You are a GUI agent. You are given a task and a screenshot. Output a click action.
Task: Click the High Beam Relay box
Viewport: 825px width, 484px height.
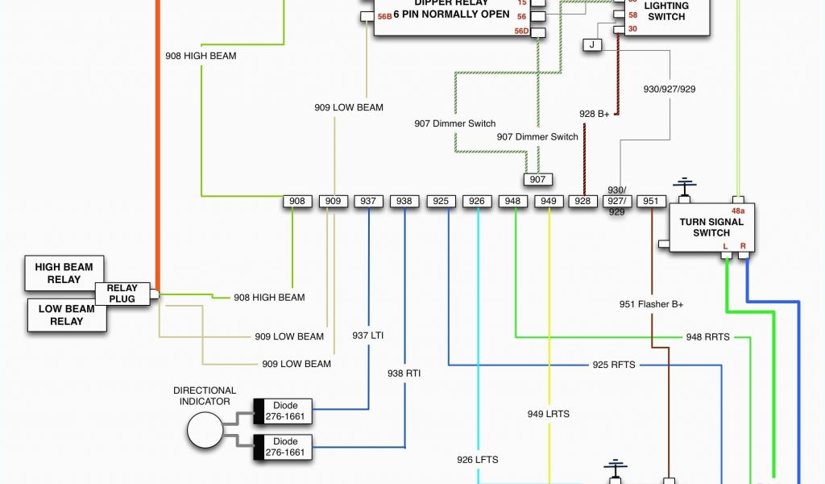coord(64,273)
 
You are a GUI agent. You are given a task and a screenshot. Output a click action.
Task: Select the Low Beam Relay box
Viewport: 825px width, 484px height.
coord(67,315)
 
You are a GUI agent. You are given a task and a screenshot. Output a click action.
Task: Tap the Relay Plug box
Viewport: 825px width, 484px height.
coord(122,294)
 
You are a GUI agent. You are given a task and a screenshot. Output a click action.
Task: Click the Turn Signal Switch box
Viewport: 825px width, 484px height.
coord(711,227)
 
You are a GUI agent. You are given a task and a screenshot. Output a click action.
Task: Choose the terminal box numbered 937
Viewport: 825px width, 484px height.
coord(368,201)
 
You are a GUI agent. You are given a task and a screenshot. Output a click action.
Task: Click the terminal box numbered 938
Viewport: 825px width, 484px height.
coord(404,201)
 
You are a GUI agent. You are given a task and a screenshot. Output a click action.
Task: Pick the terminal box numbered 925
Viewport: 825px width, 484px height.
coord(441,201)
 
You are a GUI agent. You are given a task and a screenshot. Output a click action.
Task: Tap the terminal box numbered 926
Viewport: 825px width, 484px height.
coord(477,201)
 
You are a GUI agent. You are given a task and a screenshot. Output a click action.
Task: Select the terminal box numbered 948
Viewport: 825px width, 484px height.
coord(513,201)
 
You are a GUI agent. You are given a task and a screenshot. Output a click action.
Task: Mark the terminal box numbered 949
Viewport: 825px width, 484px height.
coord(548,201)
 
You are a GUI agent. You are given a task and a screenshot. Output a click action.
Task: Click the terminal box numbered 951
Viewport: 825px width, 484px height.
coord(651,201)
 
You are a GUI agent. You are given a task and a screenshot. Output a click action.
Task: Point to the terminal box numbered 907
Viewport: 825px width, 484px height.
coord(537,179)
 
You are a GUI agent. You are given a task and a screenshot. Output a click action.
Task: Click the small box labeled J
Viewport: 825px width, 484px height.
coord(592,45)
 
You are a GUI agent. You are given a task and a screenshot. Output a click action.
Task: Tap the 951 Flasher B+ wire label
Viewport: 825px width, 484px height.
coord(651,304)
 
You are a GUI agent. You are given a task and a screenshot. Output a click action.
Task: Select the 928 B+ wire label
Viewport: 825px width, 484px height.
coord(595,114)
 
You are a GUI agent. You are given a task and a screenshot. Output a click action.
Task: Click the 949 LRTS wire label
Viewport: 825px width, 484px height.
coord(548,414)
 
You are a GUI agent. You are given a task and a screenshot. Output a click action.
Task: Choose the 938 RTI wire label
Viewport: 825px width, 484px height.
coord(404,373)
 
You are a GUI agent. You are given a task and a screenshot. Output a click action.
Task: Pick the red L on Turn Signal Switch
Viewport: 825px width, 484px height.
coord(725,245)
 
